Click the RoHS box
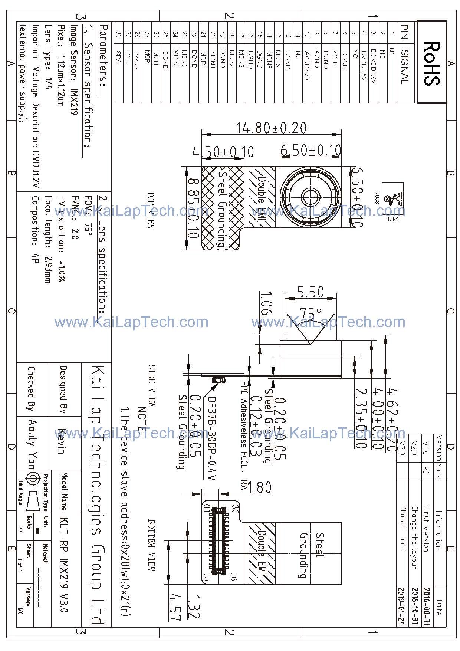pos(431,62)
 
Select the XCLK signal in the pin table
pos(335,57)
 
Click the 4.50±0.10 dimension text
pos(223,152)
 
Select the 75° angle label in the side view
pos(310,314)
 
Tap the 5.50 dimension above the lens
pos(310,292)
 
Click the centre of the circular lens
pos(310,196)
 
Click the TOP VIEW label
pos(151,210)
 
